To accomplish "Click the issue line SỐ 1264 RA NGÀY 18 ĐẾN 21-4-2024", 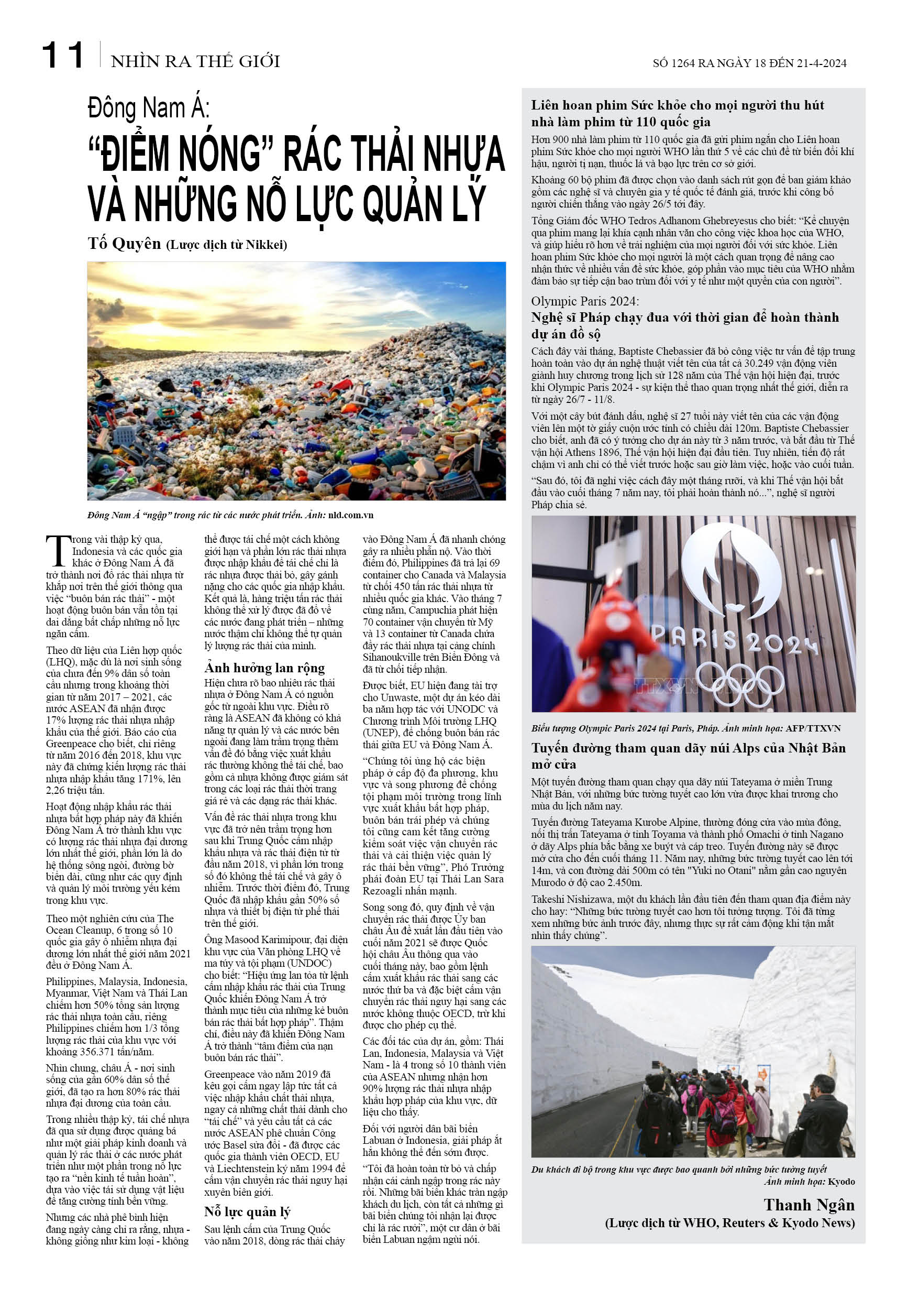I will [x=749, y=63].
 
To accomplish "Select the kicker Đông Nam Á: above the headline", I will [x=149, y=108].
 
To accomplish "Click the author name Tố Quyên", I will [x=124, y=244].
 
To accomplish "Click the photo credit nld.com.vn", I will [x=351, y=515].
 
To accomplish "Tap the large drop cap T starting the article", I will [x=58, y=551].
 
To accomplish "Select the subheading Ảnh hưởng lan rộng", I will [x=264, y=668].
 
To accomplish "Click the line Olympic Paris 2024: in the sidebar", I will [x=584, y=301].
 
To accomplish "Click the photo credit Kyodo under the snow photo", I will [x=841, y=1182].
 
